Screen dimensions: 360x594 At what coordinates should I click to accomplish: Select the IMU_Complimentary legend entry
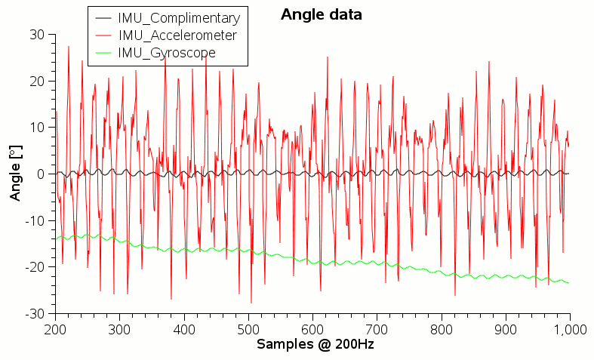[178, 18]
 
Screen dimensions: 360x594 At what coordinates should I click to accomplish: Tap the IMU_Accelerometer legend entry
[177, 35]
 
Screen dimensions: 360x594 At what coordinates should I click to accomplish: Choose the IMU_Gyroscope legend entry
[167, 53]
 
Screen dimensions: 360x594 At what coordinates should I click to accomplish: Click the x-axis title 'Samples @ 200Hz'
[315, 344]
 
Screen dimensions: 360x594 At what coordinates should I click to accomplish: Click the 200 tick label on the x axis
[55, 329]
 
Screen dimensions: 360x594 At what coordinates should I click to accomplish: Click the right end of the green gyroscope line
[568, 283]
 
